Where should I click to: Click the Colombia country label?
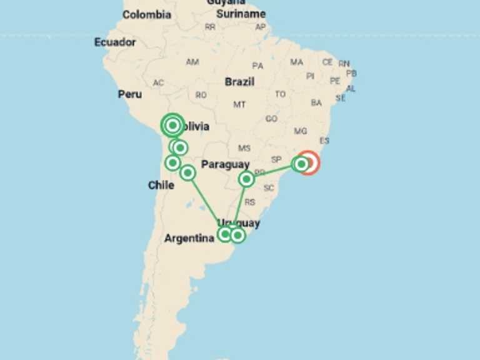146,14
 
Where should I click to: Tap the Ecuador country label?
115,42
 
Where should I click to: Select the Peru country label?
129,94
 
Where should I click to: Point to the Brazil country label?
239,82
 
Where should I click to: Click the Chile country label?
161,185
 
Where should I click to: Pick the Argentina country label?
189,238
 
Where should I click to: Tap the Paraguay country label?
225,164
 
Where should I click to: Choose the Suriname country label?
241,14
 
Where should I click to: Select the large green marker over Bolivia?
172,126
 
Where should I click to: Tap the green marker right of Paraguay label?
247,179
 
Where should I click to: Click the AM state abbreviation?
192,62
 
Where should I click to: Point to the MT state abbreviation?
239,104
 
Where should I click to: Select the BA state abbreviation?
316,102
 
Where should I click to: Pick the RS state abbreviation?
250,202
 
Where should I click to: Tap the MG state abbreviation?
301,131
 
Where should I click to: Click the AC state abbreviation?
158,83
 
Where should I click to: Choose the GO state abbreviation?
271,119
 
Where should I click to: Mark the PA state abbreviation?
257,66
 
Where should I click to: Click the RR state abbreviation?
210,27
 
